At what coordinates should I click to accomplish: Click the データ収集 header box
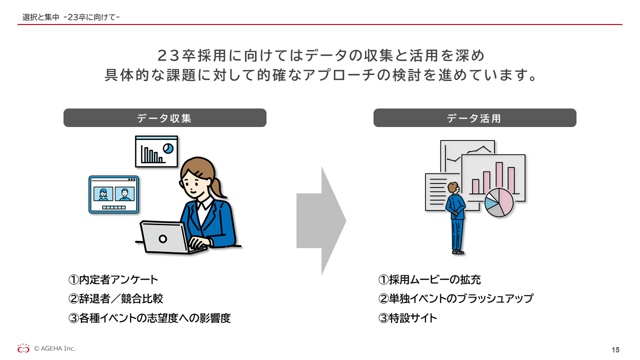[165, 117]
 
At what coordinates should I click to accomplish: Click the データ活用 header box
[475, 117]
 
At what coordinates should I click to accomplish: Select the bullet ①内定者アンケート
[113, 279]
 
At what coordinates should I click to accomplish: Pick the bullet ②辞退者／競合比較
[115, 299]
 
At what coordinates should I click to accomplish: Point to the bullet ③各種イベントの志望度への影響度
[149, 318]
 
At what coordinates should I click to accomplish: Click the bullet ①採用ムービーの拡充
[429, 279]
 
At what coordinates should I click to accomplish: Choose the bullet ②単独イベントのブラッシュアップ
[455, 299]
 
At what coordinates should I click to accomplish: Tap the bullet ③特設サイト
[407, 318]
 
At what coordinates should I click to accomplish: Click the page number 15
[615, 350]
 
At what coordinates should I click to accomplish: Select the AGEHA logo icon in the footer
[23, 348]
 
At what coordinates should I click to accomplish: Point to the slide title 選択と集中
[41, 17]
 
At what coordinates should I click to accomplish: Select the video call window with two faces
[113, 194]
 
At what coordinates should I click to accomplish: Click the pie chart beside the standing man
[499, 202]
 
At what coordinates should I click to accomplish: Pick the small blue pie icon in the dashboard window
[168, 148]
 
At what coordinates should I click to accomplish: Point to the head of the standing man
[453, 187]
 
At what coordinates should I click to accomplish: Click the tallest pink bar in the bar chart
[499, 176]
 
